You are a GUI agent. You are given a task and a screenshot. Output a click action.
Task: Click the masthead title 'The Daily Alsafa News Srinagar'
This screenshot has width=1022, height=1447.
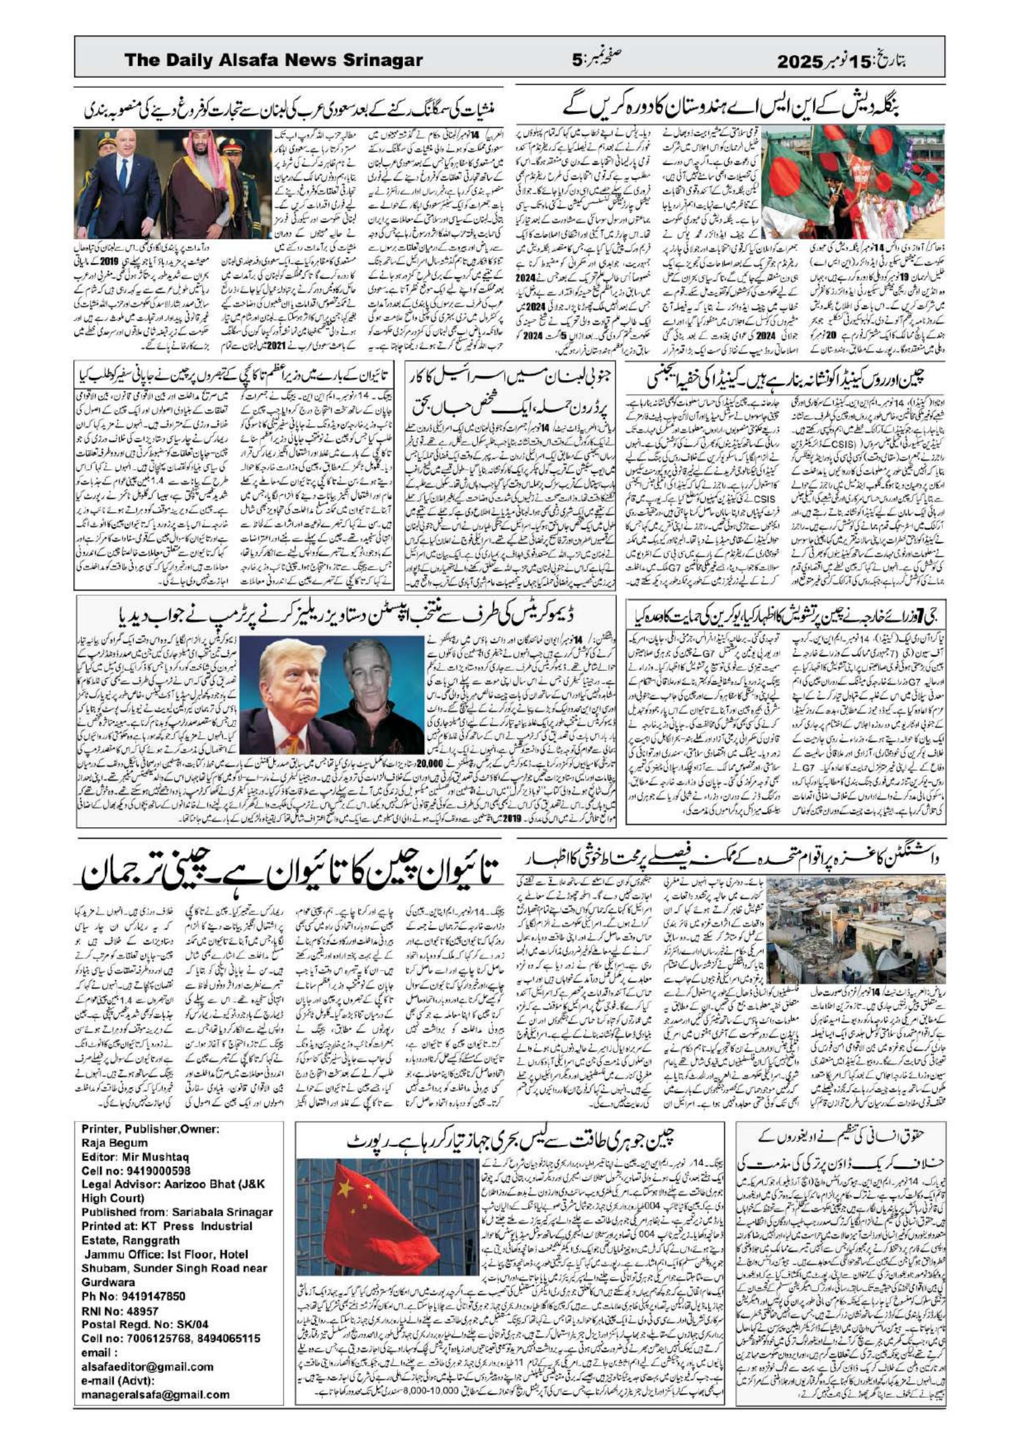click(273, 61)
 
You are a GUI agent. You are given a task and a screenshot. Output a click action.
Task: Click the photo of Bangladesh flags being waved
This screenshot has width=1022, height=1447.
click(853, 182)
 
